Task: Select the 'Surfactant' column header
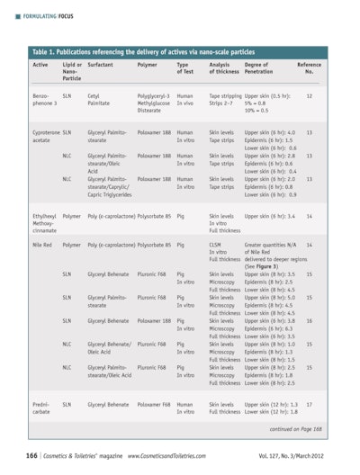pyautogui.click(x=101, y=65)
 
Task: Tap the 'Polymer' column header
pyautogui.click(x=147, y=65)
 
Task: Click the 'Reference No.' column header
pyautogui.click(x=309, y=68)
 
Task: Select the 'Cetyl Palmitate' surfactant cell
pyautogui.click(x=99, y=98)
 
